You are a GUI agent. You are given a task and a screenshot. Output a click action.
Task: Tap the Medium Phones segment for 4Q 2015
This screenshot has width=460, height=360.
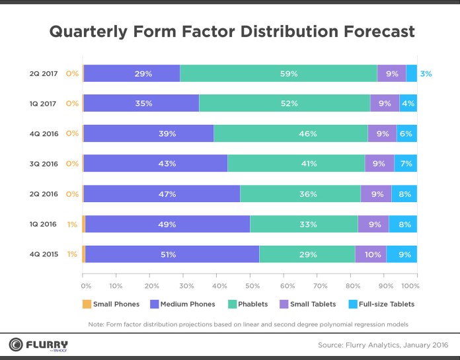[172, 254]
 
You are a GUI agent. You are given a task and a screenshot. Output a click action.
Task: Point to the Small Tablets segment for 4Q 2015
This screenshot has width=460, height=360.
[370, 254]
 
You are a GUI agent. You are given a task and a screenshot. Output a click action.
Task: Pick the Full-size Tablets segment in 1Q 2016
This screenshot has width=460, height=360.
[402, 224]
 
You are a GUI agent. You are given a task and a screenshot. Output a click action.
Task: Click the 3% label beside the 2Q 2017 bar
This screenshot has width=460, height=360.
[426, 73]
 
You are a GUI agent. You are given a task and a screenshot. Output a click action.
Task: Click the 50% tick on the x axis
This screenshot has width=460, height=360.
[253, 286]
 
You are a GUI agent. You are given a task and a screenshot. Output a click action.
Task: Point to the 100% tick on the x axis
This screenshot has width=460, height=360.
[410, 286]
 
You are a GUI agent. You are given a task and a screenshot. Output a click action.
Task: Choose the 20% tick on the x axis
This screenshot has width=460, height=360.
[151, 286]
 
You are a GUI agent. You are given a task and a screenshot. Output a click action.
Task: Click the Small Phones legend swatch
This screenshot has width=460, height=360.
[86, 304]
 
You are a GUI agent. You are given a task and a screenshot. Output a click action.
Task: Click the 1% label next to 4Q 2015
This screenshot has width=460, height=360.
[72, 254]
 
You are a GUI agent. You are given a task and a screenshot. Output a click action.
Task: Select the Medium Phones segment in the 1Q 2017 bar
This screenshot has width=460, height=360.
[143, 104]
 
